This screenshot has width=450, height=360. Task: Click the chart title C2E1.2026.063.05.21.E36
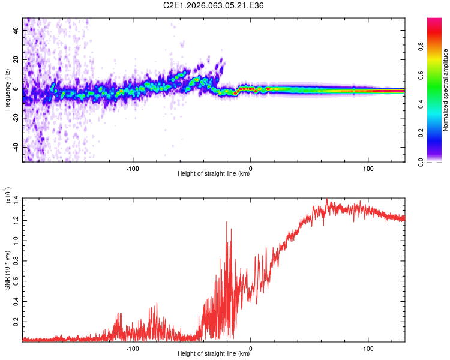[214, 5]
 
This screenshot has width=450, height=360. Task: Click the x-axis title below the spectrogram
[214, 174]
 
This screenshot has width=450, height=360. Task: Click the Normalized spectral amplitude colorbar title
[446, 90]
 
